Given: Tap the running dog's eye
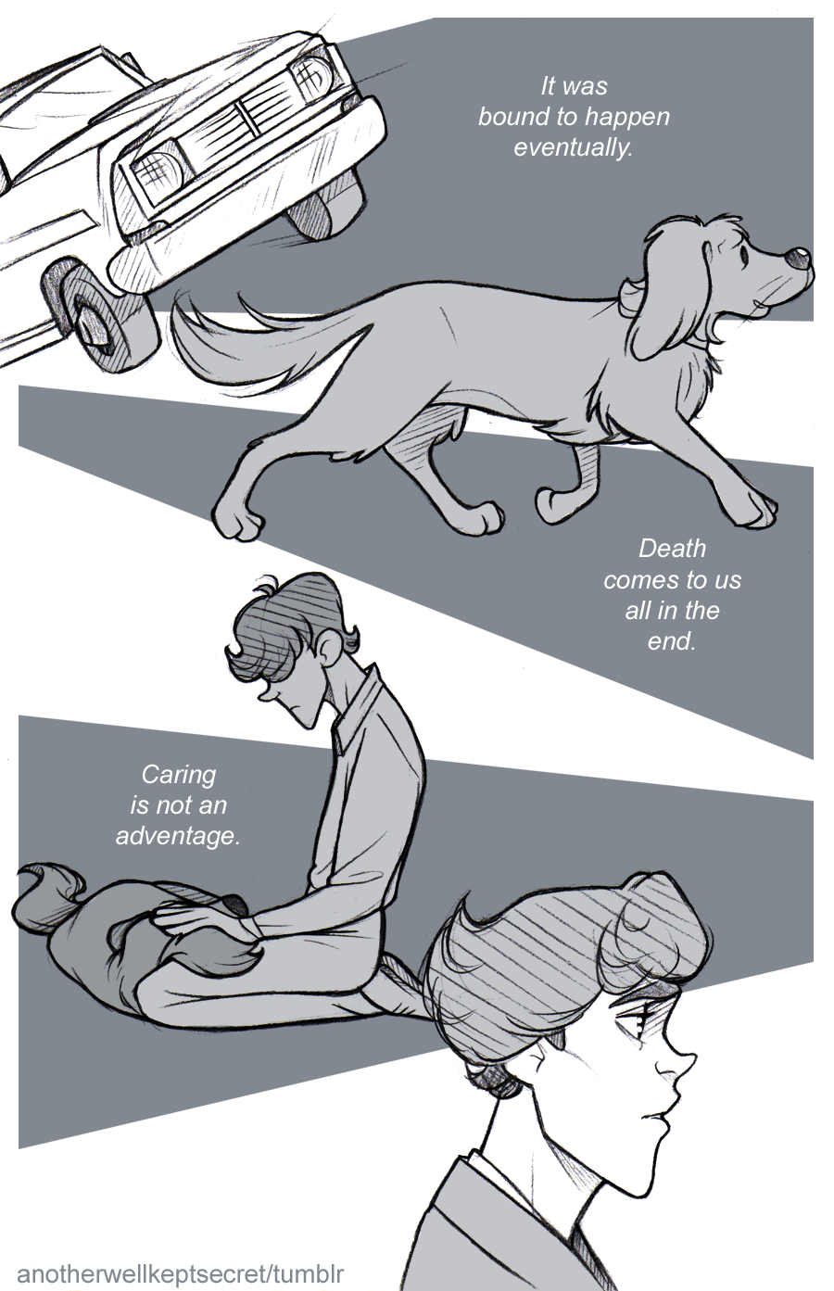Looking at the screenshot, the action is pos(745,253).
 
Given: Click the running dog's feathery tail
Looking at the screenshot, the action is pos(242,346).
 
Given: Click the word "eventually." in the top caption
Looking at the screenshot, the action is pos(574,148).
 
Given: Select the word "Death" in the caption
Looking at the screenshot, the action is pos(672,548).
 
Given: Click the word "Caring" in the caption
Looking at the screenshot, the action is pos(179,775).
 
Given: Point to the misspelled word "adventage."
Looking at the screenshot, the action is pos(178,836).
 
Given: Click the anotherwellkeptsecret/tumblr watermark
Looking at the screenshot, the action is pos(180,1273).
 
